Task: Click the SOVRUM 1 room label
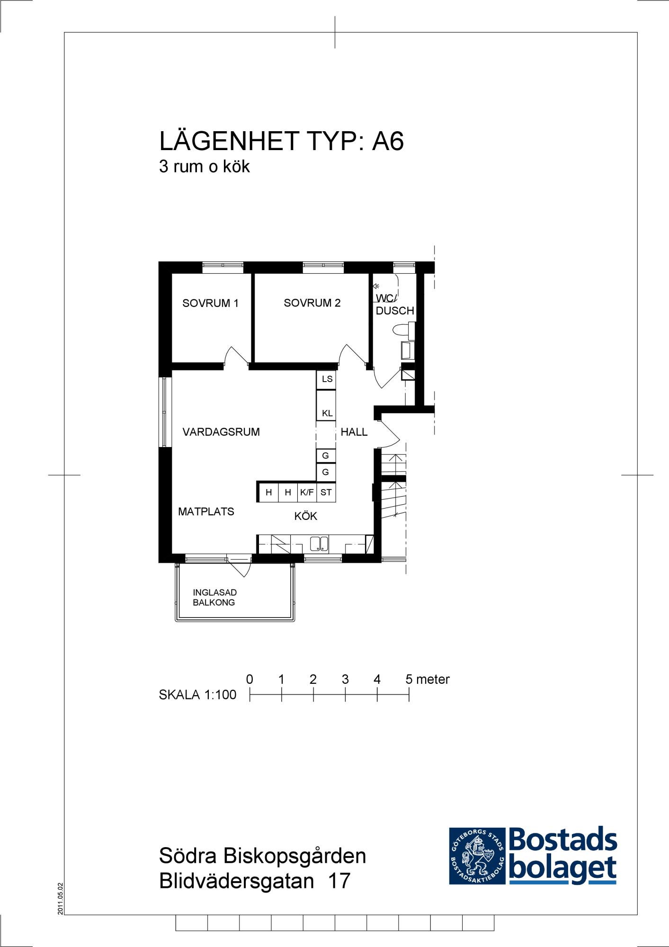(210, 303)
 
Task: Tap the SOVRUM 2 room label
(312, 303)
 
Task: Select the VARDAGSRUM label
(221, 432)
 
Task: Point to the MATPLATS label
(206, 511)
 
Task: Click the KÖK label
(306, 516)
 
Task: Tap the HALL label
(354, 432)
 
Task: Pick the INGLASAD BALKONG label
(214, 598)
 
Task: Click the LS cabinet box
(326, 379)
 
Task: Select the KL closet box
(326, 405)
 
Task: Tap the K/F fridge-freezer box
(307, 492)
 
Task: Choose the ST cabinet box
(326, 492)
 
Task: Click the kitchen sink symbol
(319, 544)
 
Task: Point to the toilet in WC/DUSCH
(403, 329)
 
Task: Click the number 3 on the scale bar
(345, 679)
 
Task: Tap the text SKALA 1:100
(197, 695)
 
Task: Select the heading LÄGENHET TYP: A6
(281, 141)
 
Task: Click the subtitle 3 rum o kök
(204, 166)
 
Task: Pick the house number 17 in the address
(339, 881)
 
